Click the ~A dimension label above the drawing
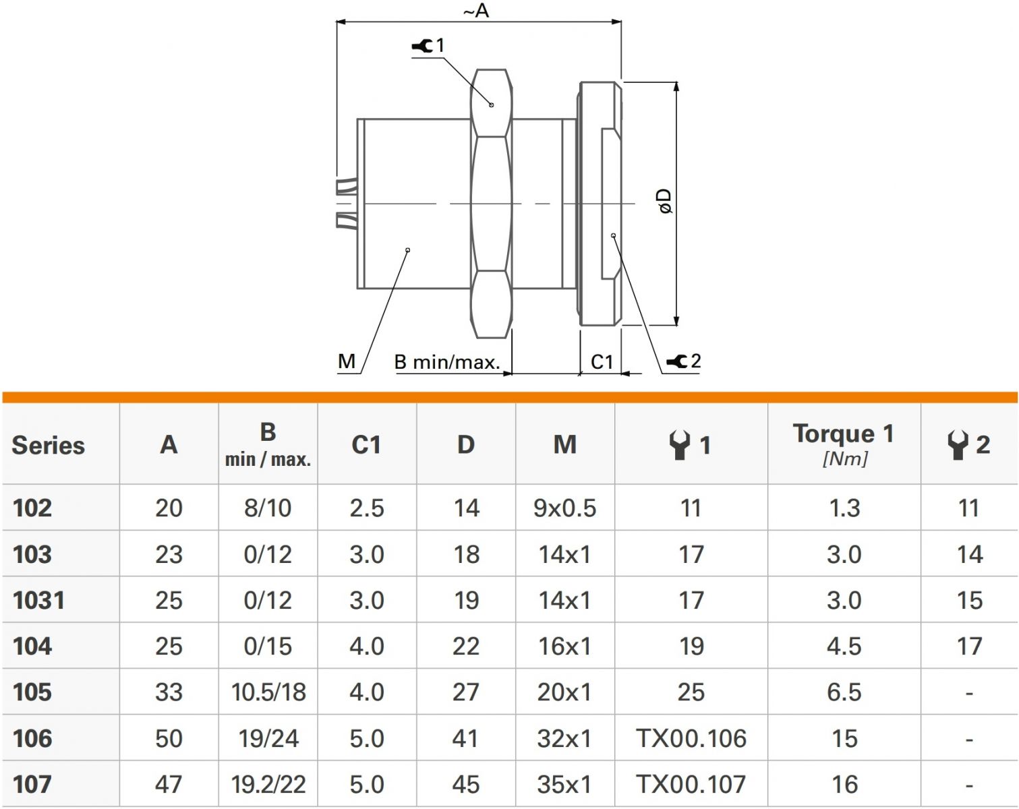pos(475,11)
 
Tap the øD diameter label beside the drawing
pos(665,201)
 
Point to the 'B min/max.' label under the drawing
pos(447,363)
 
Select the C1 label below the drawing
pos(602,362)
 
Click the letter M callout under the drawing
pos(347,361)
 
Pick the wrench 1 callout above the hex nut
pos(429,46)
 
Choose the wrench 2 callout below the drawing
pos(684,361)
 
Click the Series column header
pos(49,445)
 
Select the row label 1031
pos(38,600)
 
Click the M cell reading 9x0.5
pos(564,508)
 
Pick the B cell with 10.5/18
pos(268,692)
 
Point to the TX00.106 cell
pos(691,738)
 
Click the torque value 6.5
pos(844,692)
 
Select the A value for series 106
pos(169,738)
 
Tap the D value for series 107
pos(466,784)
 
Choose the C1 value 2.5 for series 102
pos(367,508)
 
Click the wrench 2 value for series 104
pos(969,646)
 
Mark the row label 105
pos(32,692)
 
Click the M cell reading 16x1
pos(564,646)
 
